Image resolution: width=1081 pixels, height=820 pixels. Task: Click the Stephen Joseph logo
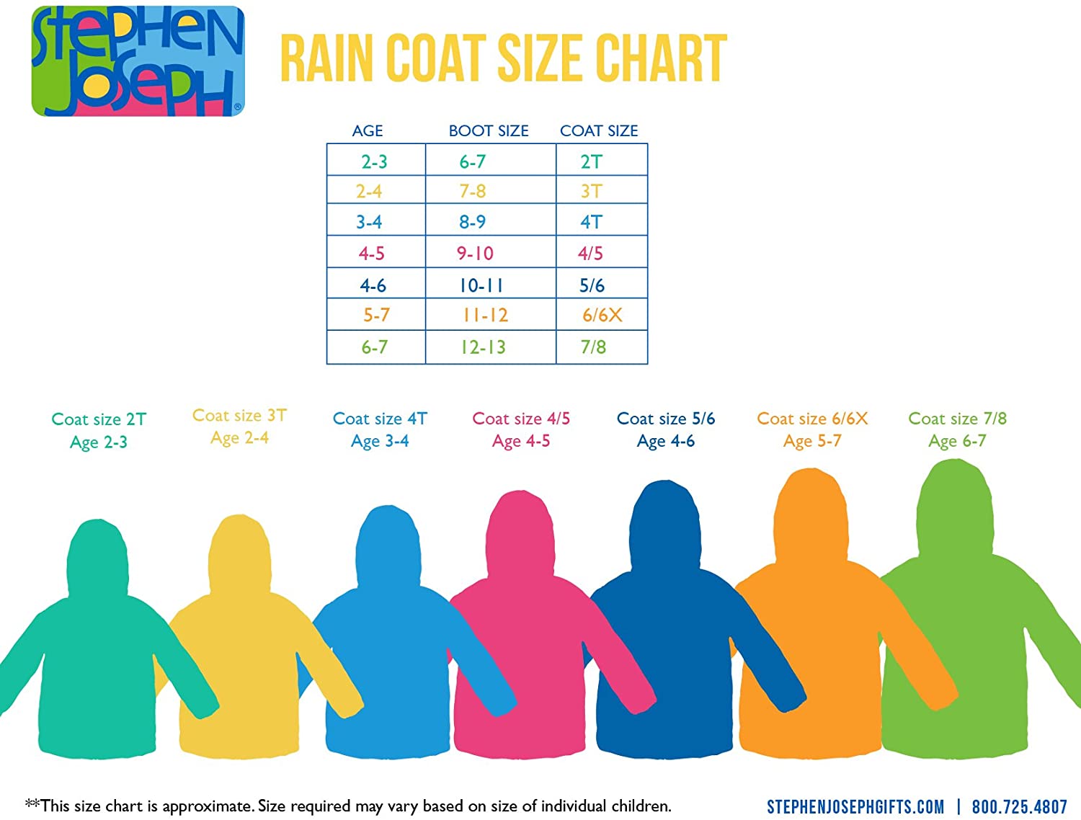(138, 61)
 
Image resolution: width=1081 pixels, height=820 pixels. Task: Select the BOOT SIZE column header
(489, 131)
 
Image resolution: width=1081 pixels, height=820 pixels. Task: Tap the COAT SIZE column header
(599, 131)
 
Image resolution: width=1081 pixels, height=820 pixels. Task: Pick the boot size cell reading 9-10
(475, 254)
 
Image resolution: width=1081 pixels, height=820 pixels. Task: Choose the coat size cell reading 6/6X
(602, 316)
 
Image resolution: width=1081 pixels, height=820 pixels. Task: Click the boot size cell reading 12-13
(483, 347)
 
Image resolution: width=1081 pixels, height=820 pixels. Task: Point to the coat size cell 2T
(591, 162)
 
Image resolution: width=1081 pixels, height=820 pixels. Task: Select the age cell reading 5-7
(376, 316)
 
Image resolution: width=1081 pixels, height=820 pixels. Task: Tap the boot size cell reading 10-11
(481, 286)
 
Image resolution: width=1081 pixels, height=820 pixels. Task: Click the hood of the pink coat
(520, 533)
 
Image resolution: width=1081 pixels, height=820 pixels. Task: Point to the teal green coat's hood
(98, 558)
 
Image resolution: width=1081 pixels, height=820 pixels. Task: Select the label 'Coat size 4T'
(380, 419)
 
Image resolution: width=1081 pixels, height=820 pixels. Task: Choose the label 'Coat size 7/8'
(957, 419)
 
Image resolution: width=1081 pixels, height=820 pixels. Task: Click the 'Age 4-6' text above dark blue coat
(665, 441)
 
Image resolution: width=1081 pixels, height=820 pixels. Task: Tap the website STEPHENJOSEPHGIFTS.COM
(855, 807)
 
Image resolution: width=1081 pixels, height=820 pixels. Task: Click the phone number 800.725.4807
(1019, 807)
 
